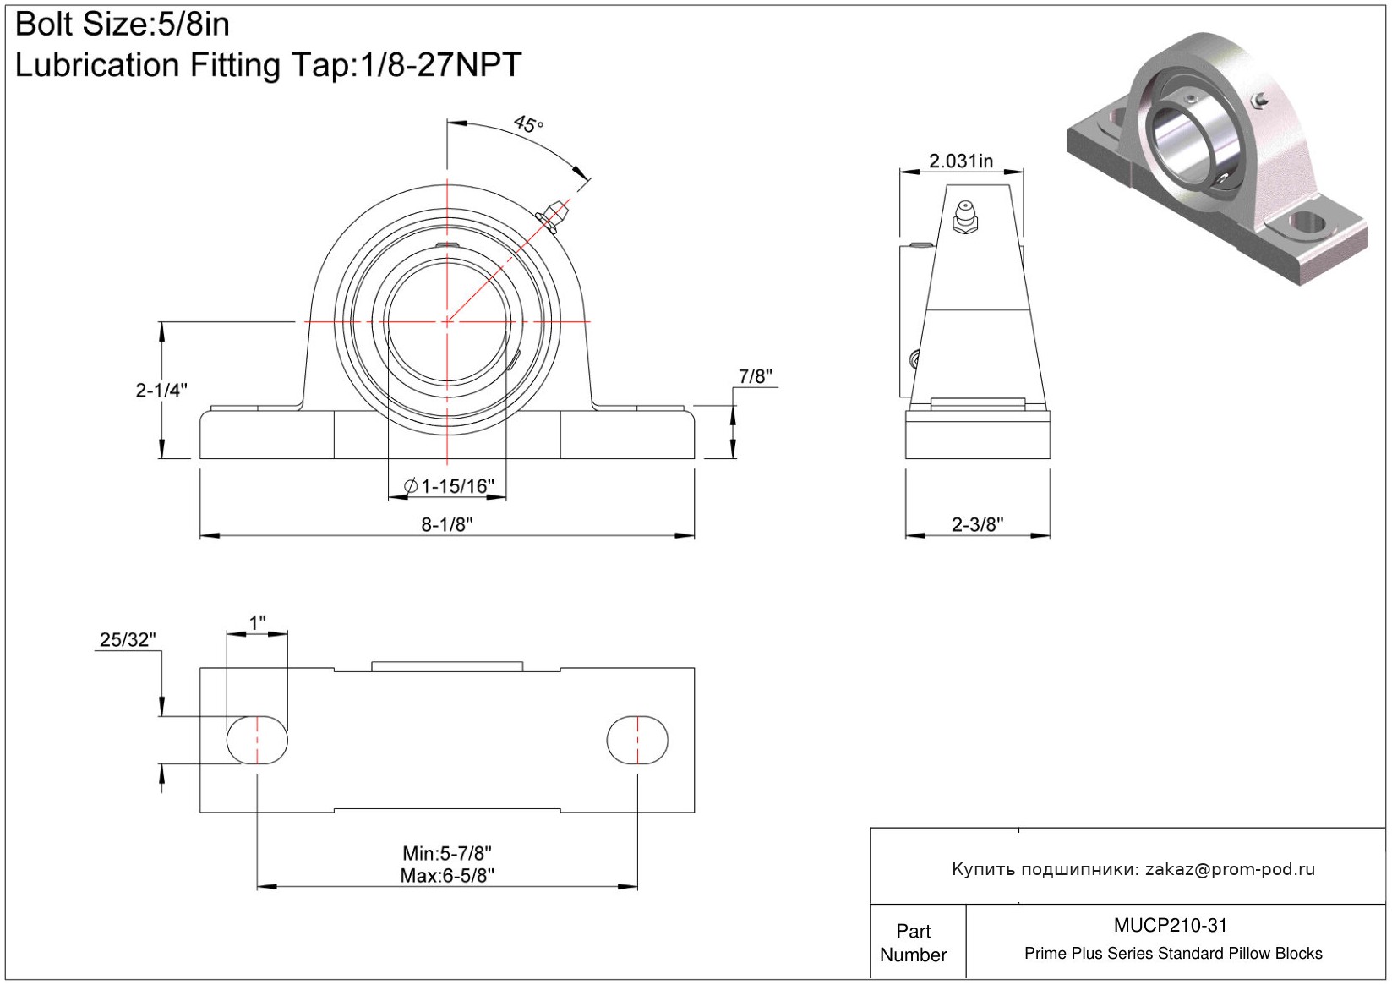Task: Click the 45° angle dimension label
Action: [529, 123]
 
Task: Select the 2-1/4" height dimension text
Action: [161, 391]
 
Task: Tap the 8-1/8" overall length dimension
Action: [447, 524]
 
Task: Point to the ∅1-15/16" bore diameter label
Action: [450, 485]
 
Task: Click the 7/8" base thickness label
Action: [755, 376]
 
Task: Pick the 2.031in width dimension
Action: [961, 161]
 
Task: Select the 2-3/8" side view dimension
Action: [978, 524]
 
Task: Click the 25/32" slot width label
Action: [128, 639]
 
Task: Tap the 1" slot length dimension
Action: [257, 622]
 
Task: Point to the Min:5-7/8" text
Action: [447, 852]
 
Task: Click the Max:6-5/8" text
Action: [447, 876]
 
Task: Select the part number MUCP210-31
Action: [1171, 925]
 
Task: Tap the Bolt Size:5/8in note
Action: [122, 25]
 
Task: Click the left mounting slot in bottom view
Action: [257, 740]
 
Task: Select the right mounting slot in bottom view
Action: [637, 740]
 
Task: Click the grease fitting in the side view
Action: [965, 216]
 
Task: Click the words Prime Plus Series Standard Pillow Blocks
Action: [1173, 953]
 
